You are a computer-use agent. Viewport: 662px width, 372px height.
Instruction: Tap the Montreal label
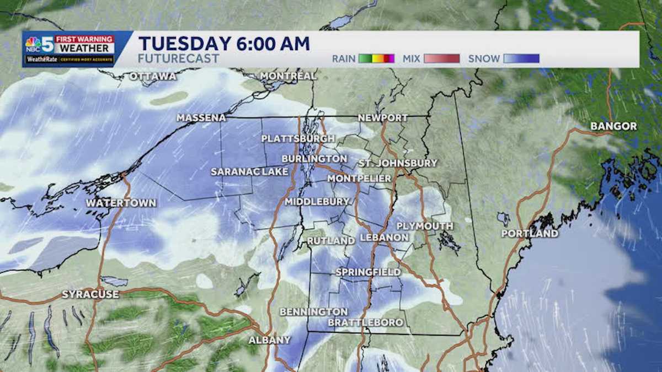[288, 76]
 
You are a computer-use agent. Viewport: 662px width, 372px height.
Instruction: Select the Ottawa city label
[153, 76]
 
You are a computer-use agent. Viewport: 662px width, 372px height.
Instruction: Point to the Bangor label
[613, 126]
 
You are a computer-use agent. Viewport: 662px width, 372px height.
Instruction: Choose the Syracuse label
[90, 294]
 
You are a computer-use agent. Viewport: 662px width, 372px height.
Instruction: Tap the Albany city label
[269, 340]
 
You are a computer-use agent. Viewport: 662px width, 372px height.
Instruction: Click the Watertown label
[121, 203]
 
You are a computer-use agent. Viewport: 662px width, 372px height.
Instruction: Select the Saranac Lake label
[249, 172]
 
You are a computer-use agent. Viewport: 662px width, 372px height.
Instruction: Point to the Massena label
[201, 118]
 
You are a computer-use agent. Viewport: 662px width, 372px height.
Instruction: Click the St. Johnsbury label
[397, 163]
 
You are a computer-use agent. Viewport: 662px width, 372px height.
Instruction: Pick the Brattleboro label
[365, 322]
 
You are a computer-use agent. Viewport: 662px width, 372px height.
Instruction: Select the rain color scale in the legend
[376, 58]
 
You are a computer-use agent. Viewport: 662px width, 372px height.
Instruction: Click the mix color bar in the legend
[441, 58]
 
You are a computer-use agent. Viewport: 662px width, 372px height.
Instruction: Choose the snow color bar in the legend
[521, 58]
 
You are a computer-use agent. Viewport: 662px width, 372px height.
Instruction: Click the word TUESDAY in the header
[183, 44]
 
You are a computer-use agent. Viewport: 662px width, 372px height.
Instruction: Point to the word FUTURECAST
[179, 58]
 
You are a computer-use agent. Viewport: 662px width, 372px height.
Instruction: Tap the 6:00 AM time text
[271, 44]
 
